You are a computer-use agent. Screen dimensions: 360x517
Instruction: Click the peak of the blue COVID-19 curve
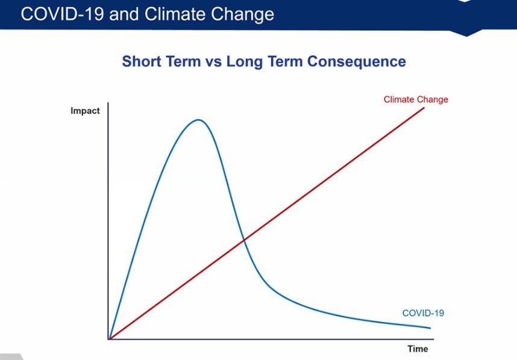point(198,120)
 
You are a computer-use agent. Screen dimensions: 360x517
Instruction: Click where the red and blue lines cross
point(244,240)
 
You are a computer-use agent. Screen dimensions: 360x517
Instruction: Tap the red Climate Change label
point(416,99)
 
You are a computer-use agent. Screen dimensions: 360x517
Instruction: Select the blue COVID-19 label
point(422,313)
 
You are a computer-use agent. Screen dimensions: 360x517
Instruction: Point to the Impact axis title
point(85,111)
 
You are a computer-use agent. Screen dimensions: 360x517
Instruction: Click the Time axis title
point(417,349)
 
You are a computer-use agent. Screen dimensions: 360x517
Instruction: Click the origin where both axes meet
point(108,339)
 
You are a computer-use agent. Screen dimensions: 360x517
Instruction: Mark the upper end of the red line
point(425,107)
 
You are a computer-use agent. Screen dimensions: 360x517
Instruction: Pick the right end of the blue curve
point(431,328)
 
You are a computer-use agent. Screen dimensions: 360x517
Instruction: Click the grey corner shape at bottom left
point(8,356)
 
